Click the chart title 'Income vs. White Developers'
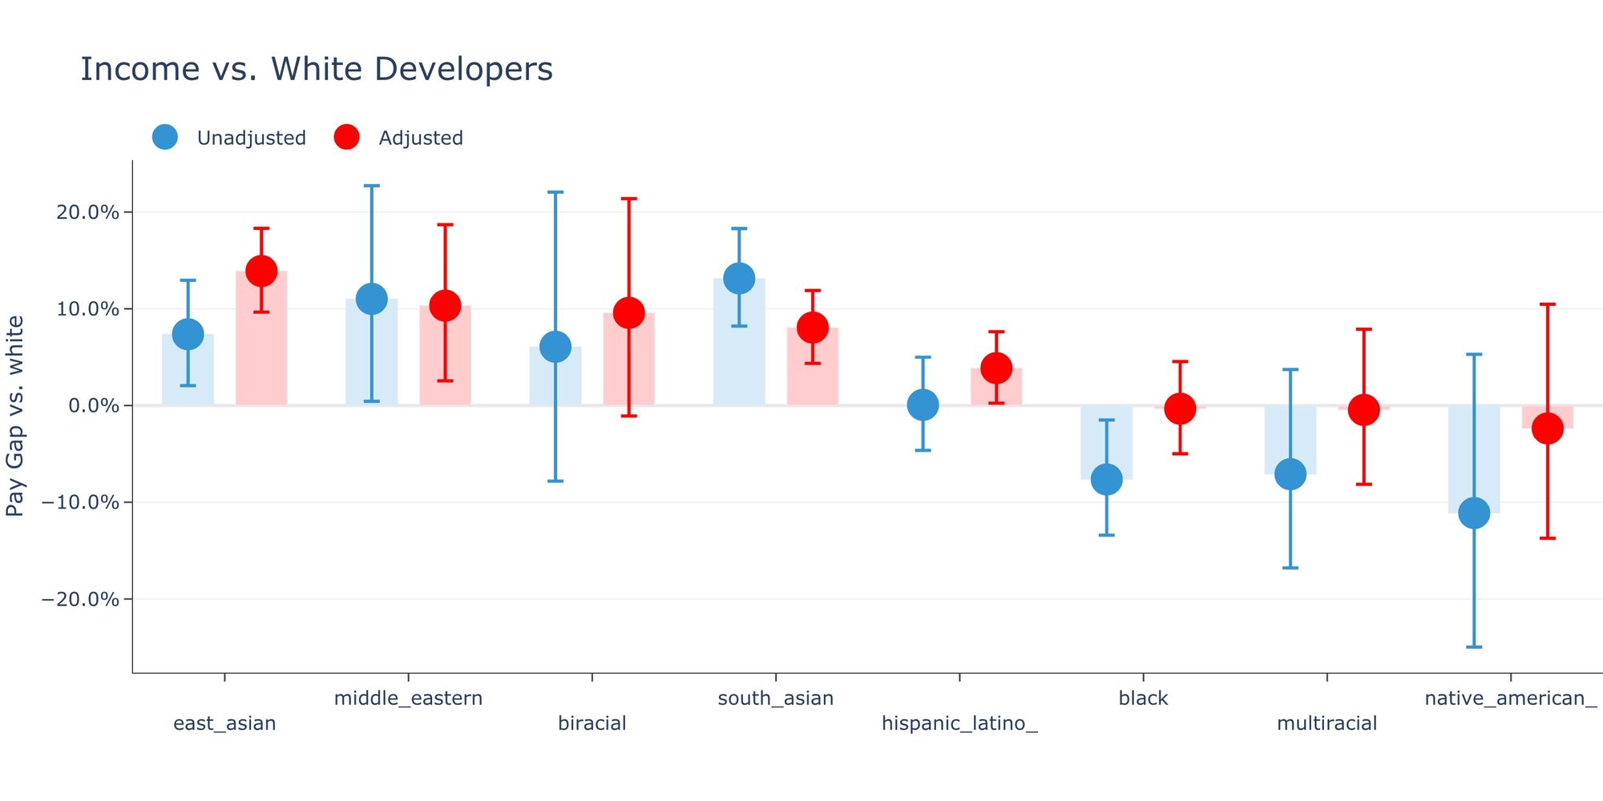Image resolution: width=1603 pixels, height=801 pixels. [x=317, y=70]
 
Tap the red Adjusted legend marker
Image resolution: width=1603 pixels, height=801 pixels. [x=346, y=137]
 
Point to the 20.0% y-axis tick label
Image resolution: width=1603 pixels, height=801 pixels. [x=87, y=212]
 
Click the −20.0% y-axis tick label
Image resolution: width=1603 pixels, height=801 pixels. [x=80, y=599]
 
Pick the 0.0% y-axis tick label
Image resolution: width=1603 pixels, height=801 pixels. [x=93, y=406]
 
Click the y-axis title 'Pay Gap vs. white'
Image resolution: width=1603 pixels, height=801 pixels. [x=16, y=416]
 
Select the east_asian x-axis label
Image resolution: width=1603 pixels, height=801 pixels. [x=224, y=723]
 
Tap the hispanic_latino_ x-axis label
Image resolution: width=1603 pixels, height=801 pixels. [x=959, y=723]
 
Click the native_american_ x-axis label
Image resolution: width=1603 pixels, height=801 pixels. [x=1510, y=698]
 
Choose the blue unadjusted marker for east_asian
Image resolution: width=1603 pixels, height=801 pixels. [x=188, y=334]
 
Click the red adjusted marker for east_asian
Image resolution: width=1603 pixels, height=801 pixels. [x=261, y=271]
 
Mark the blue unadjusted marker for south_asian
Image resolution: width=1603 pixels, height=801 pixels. [x=739, y=278]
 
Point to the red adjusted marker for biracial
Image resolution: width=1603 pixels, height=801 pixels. [x=629, y=312]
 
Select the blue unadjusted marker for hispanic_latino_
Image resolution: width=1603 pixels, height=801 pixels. [x=923, y=405]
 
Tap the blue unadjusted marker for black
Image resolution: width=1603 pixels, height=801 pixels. [x=1106, y=479]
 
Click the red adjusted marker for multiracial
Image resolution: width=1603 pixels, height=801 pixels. [x=1363, y=409]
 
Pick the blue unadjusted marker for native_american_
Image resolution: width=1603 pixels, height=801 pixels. [x=1474, y=513]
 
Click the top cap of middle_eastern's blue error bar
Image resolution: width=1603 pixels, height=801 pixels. [x=372, y=186]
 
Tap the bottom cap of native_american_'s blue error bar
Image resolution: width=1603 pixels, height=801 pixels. [x=1474, y=646]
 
